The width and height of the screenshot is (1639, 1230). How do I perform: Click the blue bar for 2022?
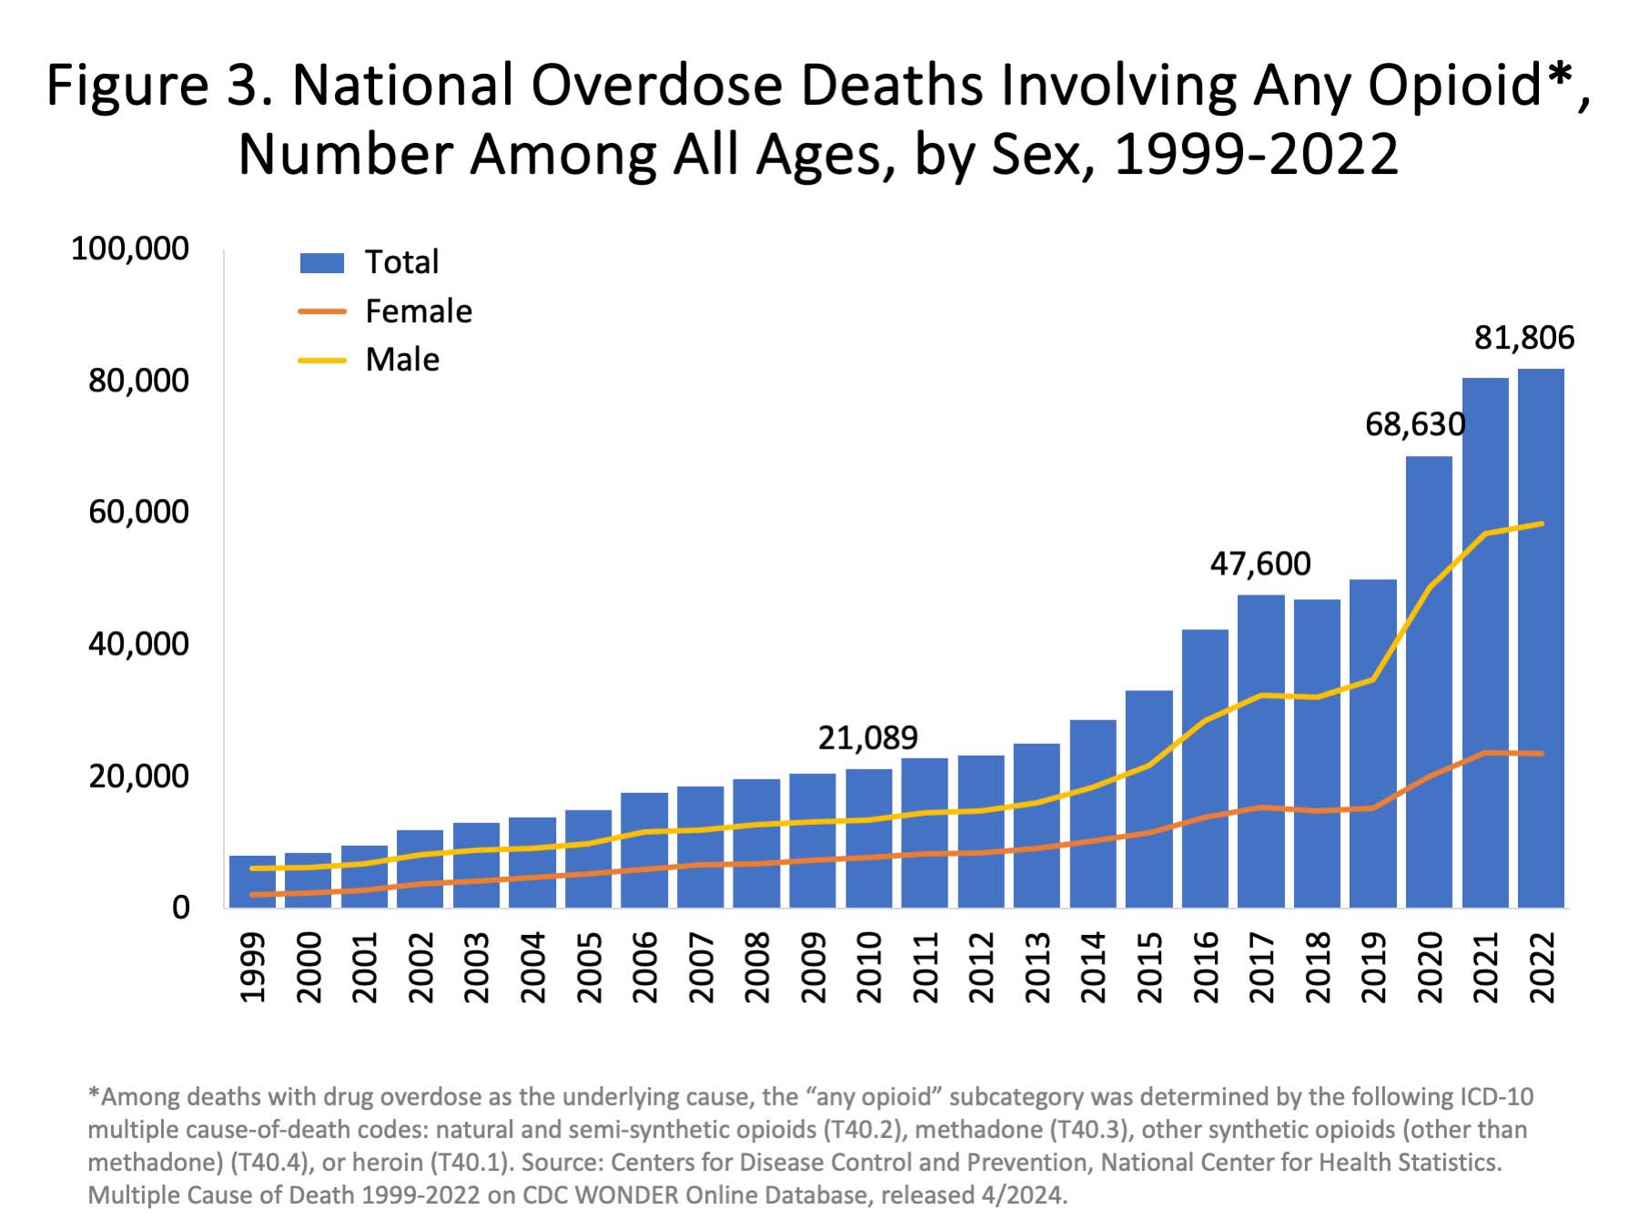[1541, 637]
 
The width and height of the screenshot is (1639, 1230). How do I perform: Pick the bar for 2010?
[868, 838]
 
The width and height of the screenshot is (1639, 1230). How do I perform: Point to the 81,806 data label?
[1523, 338]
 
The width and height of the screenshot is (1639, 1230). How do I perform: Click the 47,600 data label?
[1260, 564]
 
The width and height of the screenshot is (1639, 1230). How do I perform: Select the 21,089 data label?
[867, 737]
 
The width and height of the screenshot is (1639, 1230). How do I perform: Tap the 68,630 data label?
[1414, 424]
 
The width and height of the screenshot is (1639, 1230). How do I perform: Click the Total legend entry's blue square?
[322, 263]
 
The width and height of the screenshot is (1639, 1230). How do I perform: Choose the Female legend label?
[418, 311]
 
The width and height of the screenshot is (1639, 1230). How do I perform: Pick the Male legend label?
[402, 360]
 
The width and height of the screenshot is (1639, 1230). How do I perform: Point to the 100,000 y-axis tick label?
[130, 248]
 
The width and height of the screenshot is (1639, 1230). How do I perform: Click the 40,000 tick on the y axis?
[138, 644]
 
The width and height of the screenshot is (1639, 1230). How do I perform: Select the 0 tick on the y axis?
[180, 907]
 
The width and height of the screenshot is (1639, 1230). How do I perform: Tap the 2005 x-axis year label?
[589, 967]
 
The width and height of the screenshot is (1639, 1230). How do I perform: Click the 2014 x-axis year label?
[1093, 967]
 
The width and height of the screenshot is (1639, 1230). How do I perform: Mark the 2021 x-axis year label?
[1485, 967]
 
